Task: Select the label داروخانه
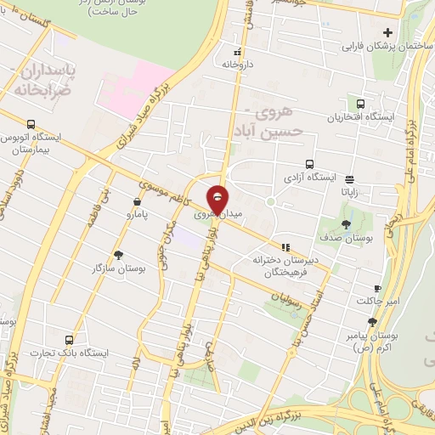click(x=239, y=64)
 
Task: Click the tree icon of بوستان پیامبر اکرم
click(x=372, y=322)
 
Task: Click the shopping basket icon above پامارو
click(x=137, y=202)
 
